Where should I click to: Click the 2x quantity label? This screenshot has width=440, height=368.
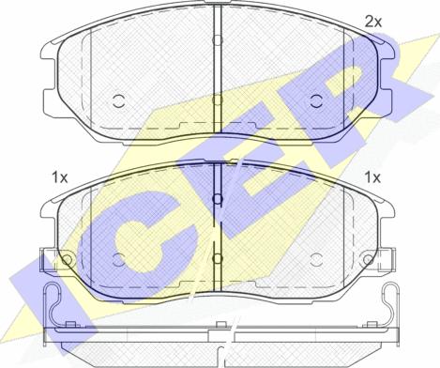(x=373, y=22)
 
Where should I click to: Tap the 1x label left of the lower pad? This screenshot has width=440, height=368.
(x=60, y=177)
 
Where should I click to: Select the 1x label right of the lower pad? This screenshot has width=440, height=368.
(x=372, y=177)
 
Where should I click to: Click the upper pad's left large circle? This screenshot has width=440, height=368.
(x=118, y=101)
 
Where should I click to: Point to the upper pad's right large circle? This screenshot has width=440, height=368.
(x=316, y=101)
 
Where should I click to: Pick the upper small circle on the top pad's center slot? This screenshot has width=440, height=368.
(x=217, y=39)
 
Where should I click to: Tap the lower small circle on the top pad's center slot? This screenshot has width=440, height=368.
(x=217, y=100)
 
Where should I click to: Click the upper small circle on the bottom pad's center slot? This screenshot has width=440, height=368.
(x=217, y=198)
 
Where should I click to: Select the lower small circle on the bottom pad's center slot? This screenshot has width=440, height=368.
(x=217, y=258)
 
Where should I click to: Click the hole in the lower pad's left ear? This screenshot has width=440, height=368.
(x=67, y=259)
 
